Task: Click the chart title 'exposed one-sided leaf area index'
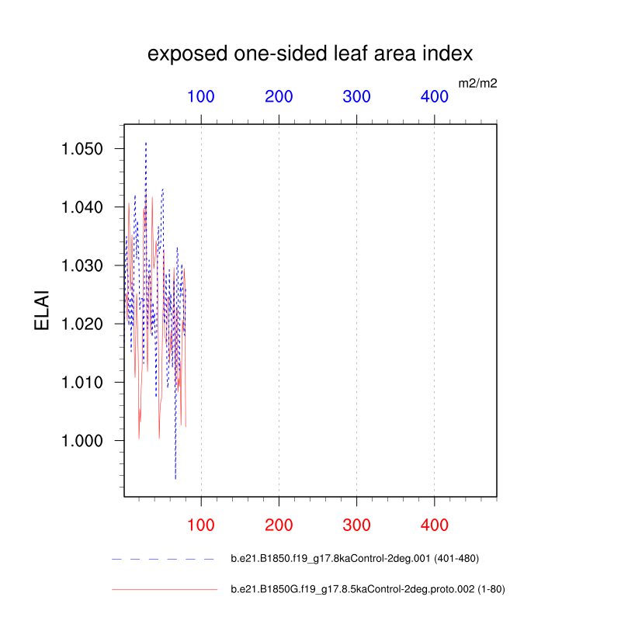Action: click(310, 54)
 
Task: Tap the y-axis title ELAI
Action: click(42, 310)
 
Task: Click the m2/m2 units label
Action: click(477, 83)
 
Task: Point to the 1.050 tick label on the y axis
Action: click(82, 149)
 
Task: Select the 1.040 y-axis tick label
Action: click(82, 207)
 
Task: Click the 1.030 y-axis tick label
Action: click(82, 265)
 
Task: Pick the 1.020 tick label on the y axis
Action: click(82, 324)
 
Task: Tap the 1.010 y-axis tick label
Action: click(82, 382)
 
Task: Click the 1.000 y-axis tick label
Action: click(82, 440)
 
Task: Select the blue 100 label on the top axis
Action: click(201, 96)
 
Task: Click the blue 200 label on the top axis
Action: click(279, 96)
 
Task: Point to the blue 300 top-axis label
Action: click(356, 96)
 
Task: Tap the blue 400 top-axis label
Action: click(435, 96)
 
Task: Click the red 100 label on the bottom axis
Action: click(201, 526)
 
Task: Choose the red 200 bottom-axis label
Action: click(279, 526)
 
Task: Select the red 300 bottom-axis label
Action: click(356, 526)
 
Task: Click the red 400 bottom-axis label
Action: click(435, 526)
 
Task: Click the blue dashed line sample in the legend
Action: click(163, 559)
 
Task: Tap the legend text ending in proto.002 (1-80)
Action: click(368, 589)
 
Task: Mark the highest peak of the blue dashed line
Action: click(146, 142)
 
